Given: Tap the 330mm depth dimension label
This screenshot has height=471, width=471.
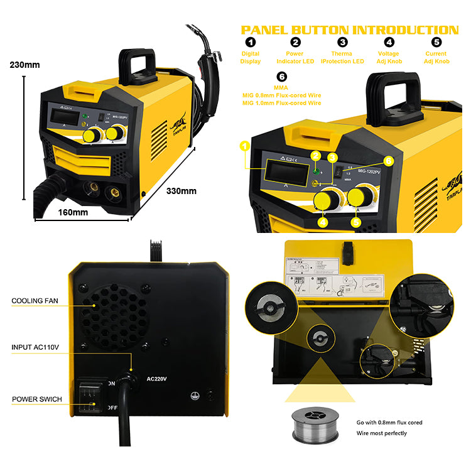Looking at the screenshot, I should pos(181,191).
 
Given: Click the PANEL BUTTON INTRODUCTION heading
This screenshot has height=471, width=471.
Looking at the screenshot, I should pos(350,30).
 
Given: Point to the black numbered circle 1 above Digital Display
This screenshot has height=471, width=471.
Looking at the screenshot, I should pos(251,43).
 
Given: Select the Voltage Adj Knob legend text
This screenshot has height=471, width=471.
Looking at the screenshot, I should pos(389,58).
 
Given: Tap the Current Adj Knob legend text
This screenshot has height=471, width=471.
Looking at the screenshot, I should pos(436,58).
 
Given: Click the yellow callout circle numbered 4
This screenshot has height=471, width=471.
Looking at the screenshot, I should pos(322,222).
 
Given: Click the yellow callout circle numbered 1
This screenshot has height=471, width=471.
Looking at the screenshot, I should pos(245,146).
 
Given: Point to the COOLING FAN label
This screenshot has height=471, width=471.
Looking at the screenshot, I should pos(35,301).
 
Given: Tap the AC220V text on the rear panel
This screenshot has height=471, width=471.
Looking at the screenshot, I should pos(158,379).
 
